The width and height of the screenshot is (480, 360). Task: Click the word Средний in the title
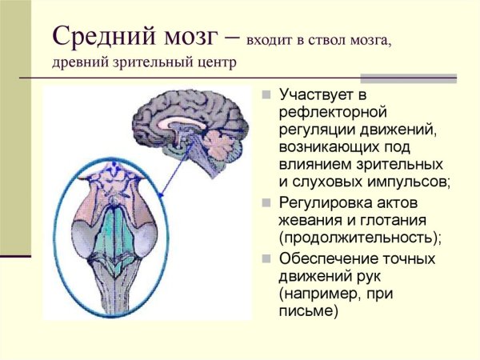coord(103,35)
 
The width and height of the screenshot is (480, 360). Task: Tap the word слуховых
coord(326,182)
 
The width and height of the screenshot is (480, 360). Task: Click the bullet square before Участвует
coord(268,96)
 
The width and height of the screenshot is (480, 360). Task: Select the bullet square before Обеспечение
coord(268,258)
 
